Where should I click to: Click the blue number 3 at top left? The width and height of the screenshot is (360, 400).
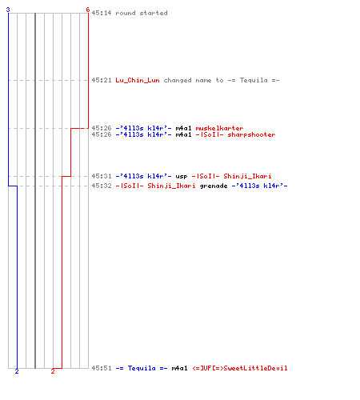8,10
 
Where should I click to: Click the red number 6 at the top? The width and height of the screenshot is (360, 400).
88,10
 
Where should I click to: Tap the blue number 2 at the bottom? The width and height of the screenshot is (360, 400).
17,371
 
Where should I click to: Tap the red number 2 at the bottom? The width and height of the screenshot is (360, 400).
53,371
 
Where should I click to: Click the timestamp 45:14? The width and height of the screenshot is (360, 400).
102,13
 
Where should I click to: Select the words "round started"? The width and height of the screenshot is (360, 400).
142,13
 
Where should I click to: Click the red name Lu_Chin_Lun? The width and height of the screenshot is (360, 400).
138,80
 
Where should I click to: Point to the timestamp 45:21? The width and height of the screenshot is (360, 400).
102,80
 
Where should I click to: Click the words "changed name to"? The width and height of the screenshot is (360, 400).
194,80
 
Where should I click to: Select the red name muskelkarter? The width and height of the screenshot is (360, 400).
219,128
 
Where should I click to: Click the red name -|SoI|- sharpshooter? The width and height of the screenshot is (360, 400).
235,134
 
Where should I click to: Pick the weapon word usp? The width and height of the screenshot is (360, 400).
182,176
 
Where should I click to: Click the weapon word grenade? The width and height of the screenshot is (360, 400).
214,186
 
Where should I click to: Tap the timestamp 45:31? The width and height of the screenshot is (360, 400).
102,176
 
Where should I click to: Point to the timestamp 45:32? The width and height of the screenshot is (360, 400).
102,186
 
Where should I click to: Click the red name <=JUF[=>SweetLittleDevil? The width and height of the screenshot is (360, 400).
240,368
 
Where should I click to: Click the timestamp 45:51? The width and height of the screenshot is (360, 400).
102,368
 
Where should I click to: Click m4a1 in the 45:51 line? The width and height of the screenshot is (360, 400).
179,368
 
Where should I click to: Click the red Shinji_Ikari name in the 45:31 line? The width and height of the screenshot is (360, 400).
247,176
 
